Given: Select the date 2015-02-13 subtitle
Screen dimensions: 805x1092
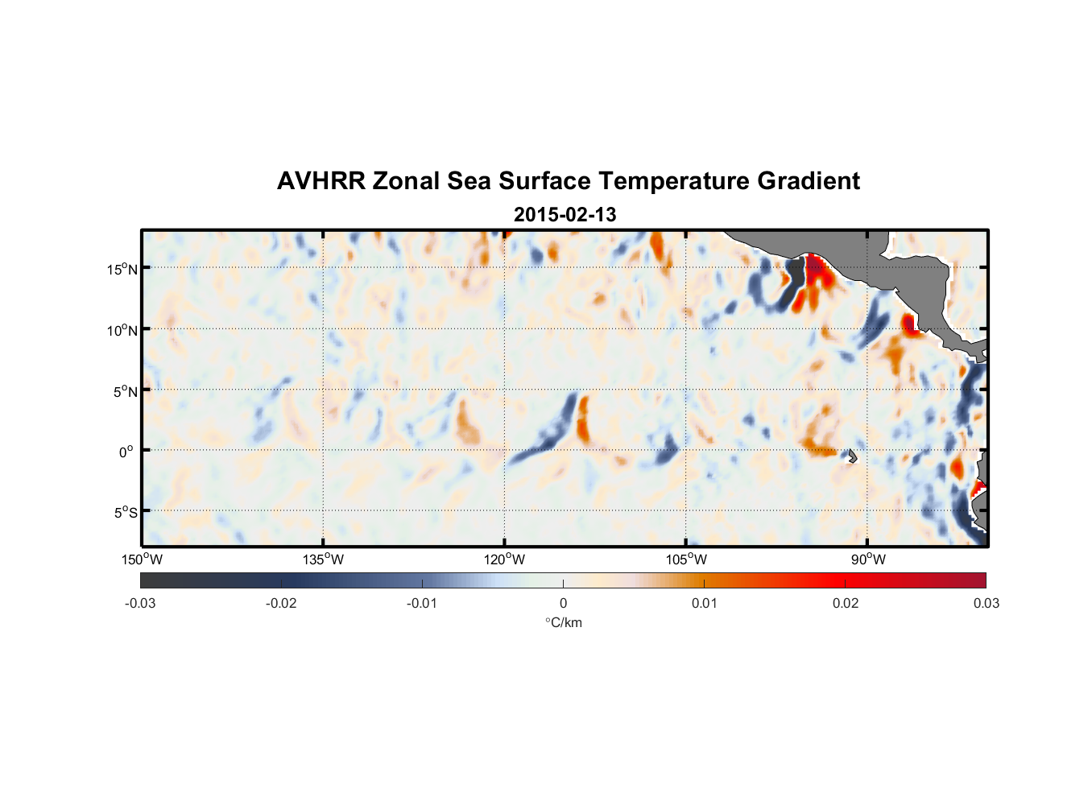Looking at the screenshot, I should click(565, 215).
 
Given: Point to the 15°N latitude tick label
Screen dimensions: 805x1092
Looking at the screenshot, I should click(122, 269).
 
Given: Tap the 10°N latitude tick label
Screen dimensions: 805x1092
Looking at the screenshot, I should click(122, 330).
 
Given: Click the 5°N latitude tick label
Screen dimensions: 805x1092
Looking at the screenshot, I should click(125, 391).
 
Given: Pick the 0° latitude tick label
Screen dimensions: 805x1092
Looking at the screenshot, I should click(126, 452).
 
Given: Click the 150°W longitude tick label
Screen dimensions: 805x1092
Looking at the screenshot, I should click(143, 559).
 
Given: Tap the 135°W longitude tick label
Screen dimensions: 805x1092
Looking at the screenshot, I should click(324, 559).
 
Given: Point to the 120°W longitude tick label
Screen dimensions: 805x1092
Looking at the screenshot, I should click(505, 559).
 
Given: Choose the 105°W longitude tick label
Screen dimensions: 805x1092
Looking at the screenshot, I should click(686, 559).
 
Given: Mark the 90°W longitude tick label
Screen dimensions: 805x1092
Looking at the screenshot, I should click(868, 559).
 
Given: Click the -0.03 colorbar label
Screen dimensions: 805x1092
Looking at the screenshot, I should click(140, 603).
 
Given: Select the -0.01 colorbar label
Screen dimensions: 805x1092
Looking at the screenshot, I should click(422, 603).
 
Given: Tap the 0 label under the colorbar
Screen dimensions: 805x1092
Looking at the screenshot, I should click(563, 603).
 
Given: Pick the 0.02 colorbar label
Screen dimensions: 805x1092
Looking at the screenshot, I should click(846, 603).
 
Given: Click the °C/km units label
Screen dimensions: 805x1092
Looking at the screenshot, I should click(564, 622).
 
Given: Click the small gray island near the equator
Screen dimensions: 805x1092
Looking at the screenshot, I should click(852, 456).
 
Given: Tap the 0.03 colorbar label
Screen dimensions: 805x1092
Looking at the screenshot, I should click(986, 603).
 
